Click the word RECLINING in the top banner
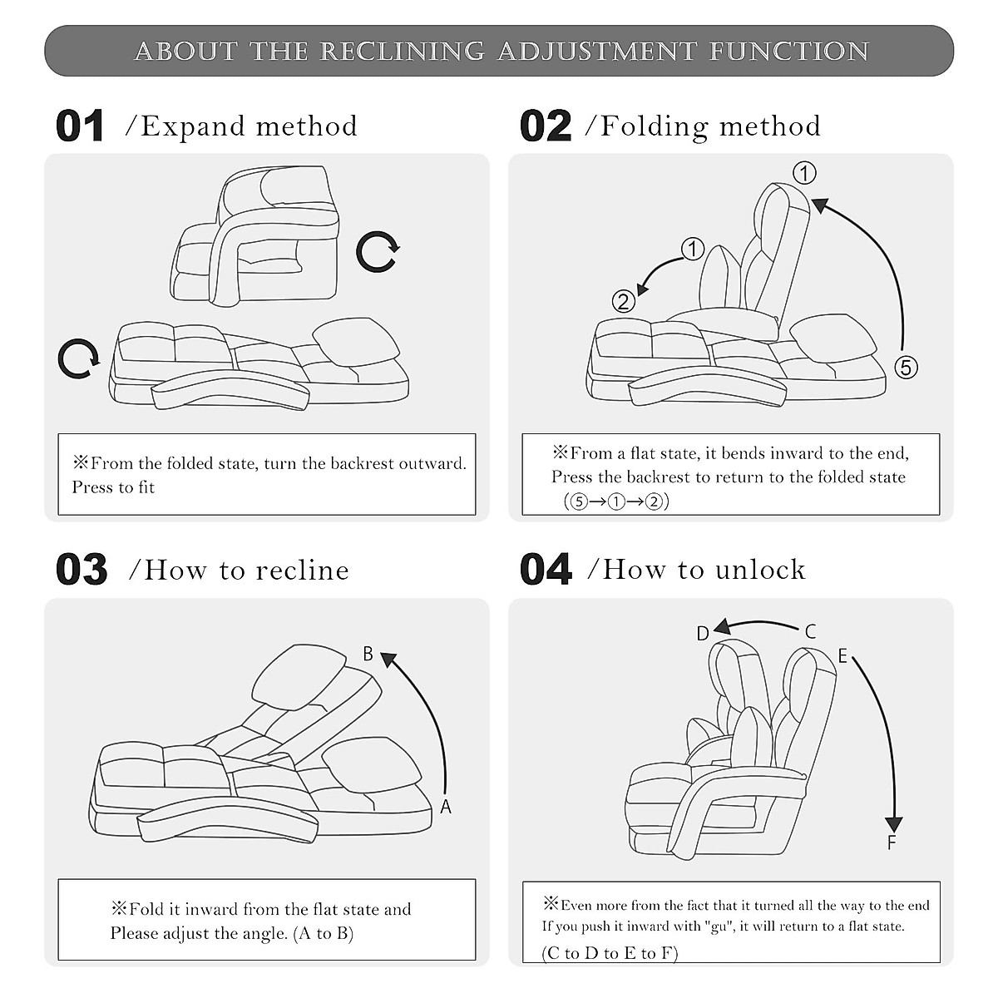[x=402, y=52]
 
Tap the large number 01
[x=80, y=126]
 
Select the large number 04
[x=546, y=571]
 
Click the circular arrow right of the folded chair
[x=378, y=251]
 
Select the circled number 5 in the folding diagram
[x=906, y=367]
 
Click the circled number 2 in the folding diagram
[x=624, y=301]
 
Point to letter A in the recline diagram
[x=446, y=807]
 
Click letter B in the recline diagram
[x=368, y=654]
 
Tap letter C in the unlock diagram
[x=811, y=631]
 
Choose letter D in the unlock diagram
[x=703, y=634]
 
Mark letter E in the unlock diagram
[x=842, y=656]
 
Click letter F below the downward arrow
[x=892, y=843]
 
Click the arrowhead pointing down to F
[x=894, y=824]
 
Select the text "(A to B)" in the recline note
[x=323, y=933]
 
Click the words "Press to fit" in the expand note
[x=113, y=487]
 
